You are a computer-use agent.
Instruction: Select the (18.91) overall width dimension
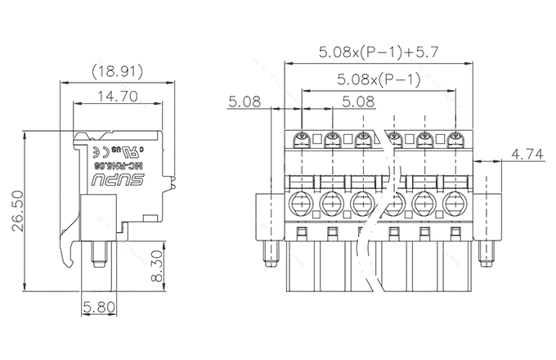[116, 72]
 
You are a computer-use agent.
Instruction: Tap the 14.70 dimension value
[116, 96]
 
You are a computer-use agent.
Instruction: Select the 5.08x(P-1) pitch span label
[379, 79]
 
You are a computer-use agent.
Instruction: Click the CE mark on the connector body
[96, 152]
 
